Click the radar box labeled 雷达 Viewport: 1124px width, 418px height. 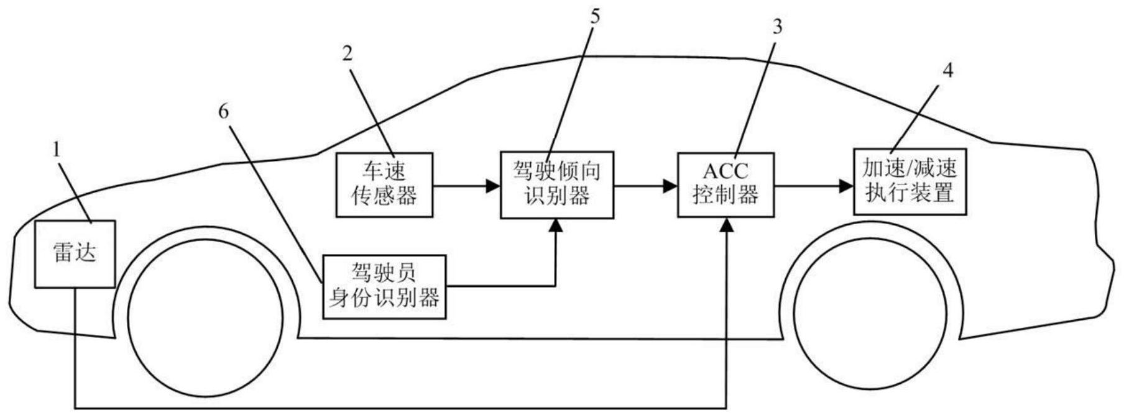point(75,253)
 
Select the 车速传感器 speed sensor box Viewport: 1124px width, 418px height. point(384,184)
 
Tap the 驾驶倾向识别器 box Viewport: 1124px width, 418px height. point(557,184)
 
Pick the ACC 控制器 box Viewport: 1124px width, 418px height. point(726,184)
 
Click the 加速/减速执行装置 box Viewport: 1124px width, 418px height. point(910,181)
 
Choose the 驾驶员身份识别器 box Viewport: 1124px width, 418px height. point(384,286)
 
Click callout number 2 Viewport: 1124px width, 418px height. point(348,53)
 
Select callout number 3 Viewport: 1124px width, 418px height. point(776,26)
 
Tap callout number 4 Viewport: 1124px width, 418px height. point(947,70)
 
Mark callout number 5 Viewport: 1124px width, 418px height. point(595,16)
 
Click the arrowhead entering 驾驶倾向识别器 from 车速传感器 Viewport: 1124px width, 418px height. point(494,185)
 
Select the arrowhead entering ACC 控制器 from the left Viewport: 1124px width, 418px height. point(670,185)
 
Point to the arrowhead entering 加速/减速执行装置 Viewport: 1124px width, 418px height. point(846,185)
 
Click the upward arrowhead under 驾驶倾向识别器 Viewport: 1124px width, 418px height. point(557,226)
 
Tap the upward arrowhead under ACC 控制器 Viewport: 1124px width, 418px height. point(726,225)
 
